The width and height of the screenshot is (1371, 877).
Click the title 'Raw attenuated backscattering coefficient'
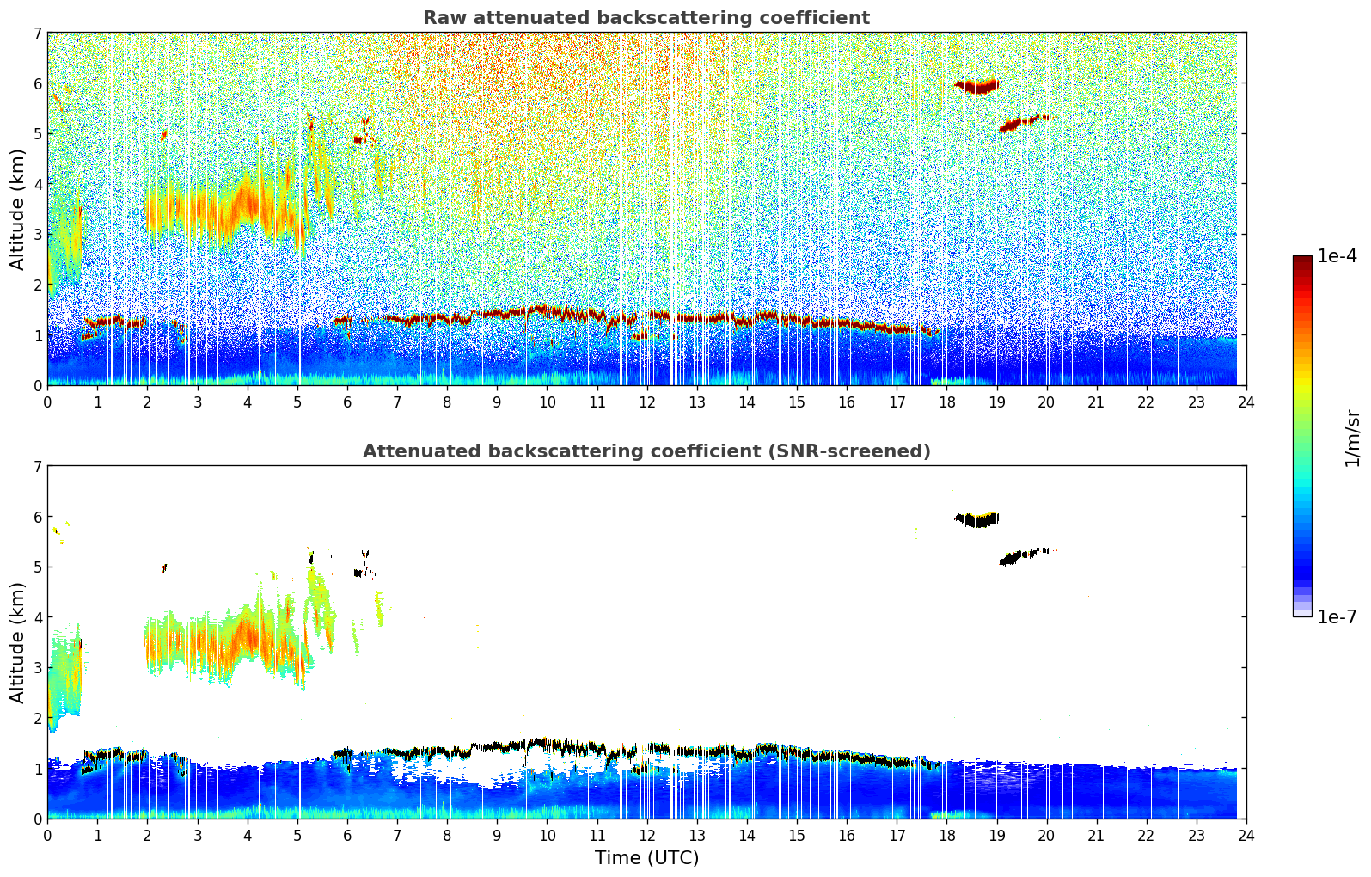coord(646,18)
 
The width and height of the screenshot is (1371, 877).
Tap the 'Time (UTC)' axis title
coord(646,858)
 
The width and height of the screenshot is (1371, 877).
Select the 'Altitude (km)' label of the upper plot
coord(18,209)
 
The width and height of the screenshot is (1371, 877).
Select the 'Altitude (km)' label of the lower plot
coord(18,642)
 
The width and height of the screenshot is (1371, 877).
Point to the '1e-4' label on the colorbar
coord(1337,256)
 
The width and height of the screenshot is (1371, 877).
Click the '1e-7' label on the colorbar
coord(1337,616)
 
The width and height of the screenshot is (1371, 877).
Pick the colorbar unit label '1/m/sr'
coord(1352,438)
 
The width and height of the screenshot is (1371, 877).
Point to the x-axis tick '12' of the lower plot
coord(646,835)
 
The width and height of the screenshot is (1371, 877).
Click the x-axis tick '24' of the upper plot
coord(1246,402)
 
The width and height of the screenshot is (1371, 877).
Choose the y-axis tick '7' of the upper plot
coord(37,34)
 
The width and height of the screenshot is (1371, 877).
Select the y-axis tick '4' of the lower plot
coord(37,617)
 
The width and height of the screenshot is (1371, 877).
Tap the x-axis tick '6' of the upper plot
coord(347,402)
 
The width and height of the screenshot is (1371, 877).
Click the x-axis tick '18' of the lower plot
coord(946,835)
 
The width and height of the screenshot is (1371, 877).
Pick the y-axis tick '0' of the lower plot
coord(37,819)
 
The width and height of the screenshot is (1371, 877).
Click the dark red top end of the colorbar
coord(1302,260)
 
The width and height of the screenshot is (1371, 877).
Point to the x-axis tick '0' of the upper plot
coord(47,402)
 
